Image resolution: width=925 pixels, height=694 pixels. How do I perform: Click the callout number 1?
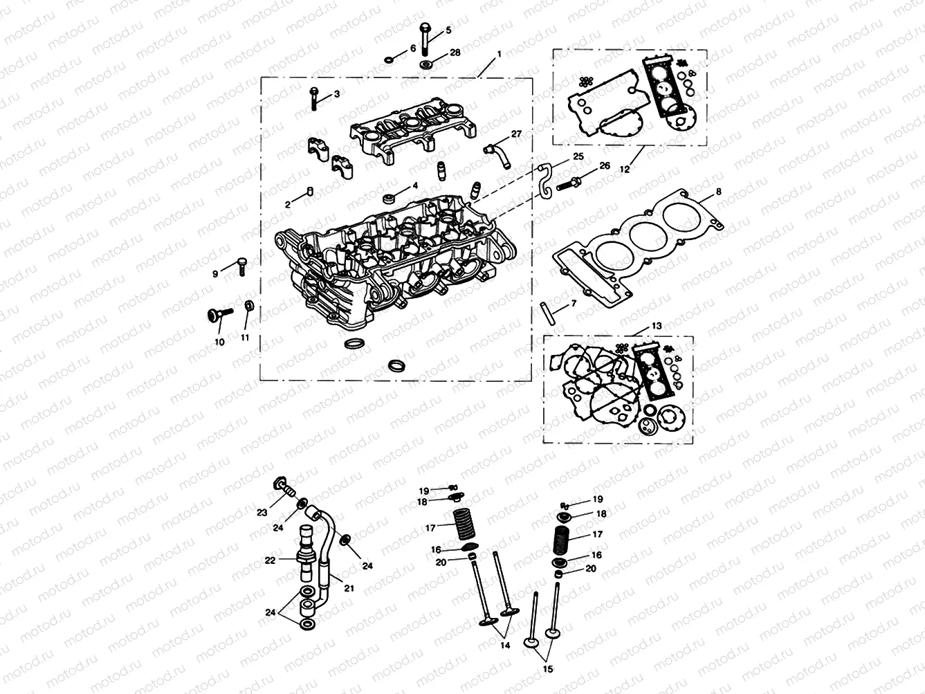point(500,53)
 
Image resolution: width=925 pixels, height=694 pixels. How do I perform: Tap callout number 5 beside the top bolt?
point(448,30)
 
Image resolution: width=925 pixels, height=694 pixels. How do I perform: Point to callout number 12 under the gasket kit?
point(625,169)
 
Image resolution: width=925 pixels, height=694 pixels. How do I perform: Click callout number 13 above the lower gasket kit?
point(657,325)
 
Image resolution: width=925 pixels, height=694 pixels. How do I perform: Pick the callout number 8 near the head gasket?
point(718,191)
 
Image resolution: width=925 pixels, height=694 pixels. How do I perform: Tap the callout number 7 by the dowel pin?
point(574,304)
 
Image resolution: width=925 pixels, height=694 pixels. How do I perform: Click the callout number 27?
point(516,133)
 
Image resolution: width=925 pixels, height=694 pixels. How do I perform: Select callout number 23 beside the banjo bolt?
point(262,513)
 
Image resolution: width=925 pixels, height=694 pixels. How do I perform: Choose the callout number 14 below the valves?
point(506,645)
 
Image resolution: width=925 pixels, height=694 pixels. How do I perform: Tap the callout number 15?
point(549,670)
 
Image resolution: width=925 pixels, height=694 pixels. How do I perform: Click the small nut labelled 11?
point(248,305)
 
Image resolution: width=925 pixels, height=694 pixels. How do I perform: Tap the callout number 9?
point(215,274)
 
